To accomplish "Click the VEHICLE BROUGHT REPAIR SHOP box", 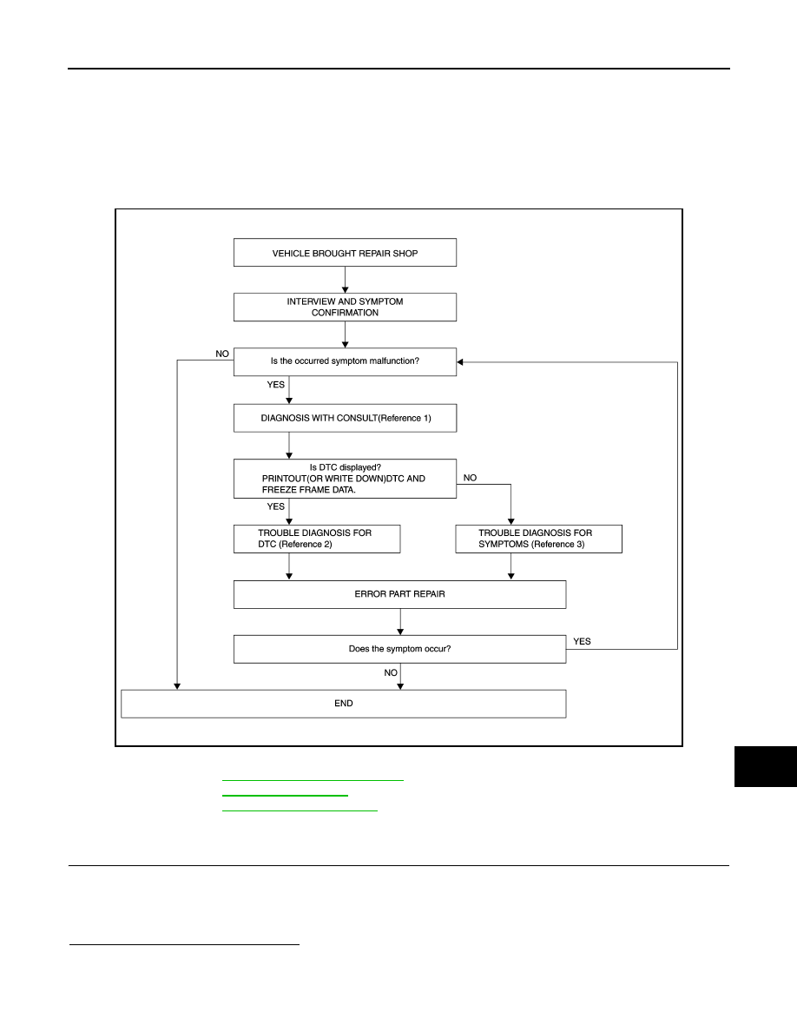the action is point(345,253).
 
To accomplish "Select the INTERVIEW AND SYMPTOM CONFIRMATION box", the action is point(345,308).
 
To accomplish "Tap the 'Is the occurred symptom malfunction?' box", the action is point(345,362).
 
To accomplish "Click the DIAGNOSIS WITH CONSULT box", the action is point(345,418).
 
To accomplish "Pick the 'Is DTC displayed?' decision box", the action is point(345,479).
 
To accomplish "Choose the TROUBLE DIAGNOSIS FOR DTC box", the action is point(316,539).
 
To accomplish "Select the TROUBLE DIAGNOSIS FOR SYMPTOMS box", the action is point(538,539).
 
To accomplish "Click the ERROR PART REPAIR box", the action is point(400,594).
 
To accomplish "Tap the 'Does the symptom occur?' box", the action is point(400,649).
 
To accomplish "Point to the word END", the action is point(343,704).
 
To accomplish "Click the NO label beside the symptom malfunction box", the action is point(222,354).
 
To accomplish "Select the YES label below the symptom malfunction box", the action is point(275,385).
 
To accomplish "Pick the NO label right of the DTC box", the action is point(470,478).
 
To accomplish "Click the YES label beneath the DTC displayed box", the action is point(275,506).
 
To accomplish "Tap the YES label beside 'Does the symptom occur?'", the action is point(582,642).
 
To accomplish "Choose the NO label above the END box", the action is point(391,672).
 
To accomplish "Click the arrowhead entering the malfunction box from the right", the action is point(459,362).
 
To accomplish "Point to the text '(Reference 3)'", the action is point(557,545).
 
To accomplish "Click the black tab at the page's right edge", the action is point(766,767).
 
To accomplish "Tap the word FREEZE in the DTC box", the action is point(280,490).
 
